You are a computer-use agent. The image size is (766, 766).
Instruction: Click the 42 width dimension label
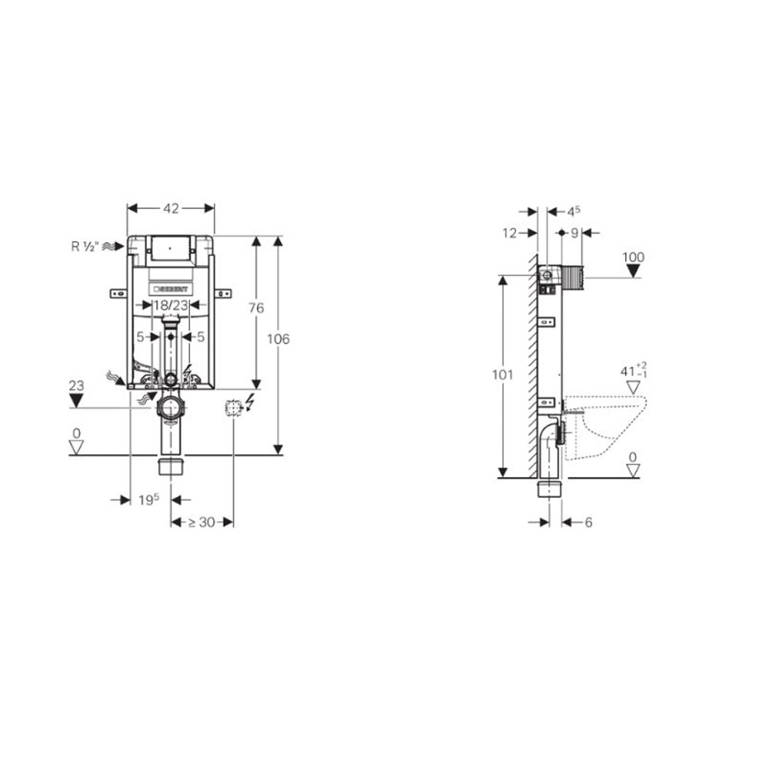(170, 208)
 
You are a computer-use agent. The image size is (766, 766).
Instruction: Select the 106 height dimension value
(278, 339)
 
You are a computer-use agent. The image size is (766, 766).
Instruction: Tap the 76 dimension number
(256, 308)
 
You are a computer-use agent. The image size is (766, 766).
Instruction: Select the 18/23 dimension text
(170, 305)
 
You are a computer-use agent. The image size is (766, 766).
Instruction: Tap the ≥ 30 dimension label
(201, 522)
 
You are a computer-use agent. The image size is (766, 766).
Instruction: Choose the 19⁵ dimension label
(149, 499)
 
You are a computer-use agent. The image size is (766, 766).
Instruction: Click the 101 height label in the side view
(502, 375)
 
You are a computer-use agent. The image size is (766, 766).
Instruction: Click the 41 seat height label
(631, 372)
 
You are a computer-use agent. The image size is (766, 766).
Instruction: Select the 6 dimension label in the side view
(588, 522)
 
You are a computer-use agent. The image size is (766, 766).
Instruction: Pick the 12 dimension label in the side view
(510, 233)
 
